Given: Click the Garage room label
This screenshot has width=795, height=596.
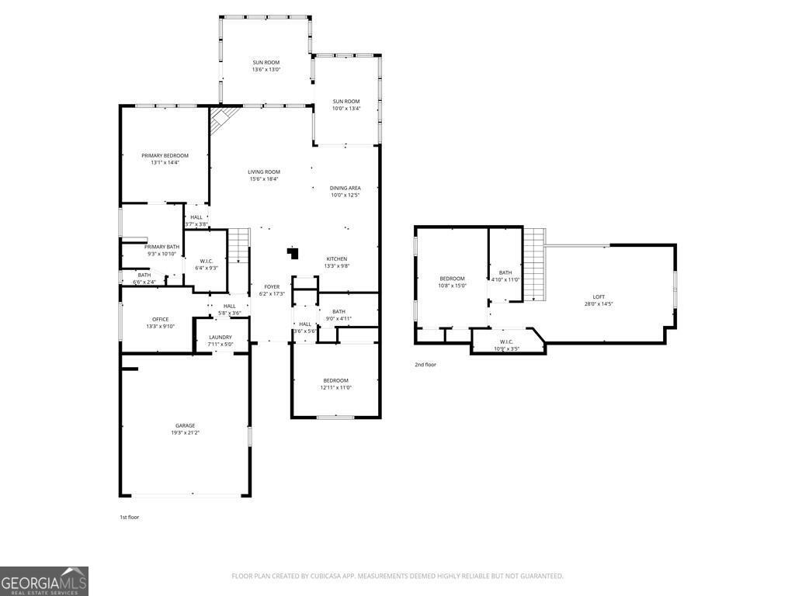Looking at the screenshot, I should [x=185, y=425].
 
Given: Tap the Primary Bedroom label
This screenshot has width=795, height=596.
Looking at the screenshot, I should [x=165, y=156].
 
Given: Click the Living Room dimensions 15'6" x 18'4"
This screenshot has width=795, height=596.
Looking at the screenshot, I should [x=264, y=179].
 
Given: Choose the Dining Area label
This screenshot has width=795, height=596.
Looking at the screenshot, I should [x=345, y=188].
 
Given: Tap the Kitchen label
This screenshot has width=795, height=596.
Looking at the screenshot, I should [x=336, y=259].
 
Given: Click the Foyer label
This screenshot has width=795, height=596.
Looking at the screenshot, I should [x=271, y=286].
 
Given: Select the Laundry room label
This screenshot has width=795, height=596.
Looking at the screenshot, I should [x=220, y=338].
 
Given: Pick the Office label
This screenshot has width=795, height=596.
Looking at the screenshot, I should [x=161, y=319].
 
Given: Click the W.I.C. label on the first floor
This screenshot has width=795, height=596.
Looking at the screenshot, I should [x=207, y=261].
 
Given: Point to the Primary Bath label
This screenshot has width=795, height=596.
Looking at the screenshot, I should [x=162, y=247].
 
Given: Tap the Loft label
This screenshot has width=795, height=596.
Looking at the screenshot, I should [x=599, y=296].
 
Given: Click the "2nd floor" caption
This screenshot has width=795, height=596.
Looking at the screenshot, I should [x=425, y=364].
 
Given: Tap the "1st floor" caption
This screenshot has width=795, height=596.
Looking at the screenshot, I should [x=128, y=516].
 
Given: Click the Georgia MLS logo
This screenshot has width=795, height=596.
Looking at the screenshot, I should [x=44, y=581].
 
